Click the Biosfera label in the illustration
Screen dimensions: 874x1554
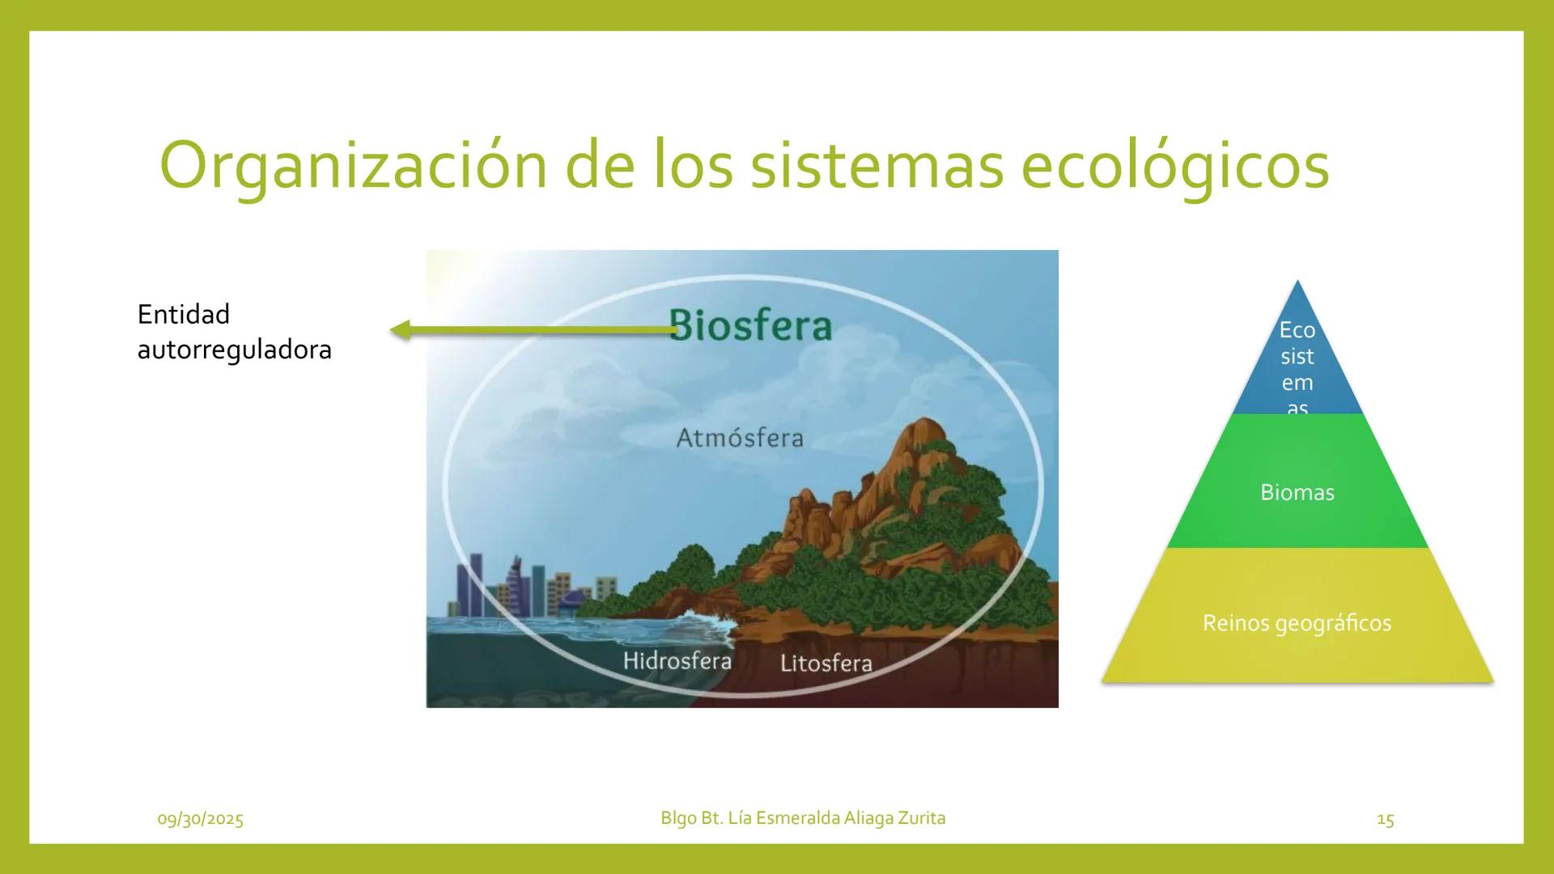click(x=751, y=325)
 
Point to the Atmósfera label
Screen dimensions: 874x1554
click(x=740, y=438)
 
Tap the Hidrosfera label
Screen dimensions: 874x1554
click(x=677, y=660)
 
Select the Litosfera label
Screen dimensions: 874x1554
click(x=826, y=664)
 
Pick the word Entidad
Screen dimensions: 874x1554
click(x=184, y=314)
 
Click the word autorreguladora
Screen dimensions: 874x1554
click(x=235, y=350)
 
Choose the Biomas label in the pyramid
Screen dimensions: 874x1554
click(x=1297, y=492)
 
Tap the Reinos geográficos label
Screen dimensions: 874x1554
click(x=1297, y=623)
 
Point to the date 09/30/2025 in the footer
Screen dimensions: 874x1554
click(x=200, y=819)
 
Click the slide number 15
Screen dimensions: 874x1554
click(x=1385, y=820)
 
